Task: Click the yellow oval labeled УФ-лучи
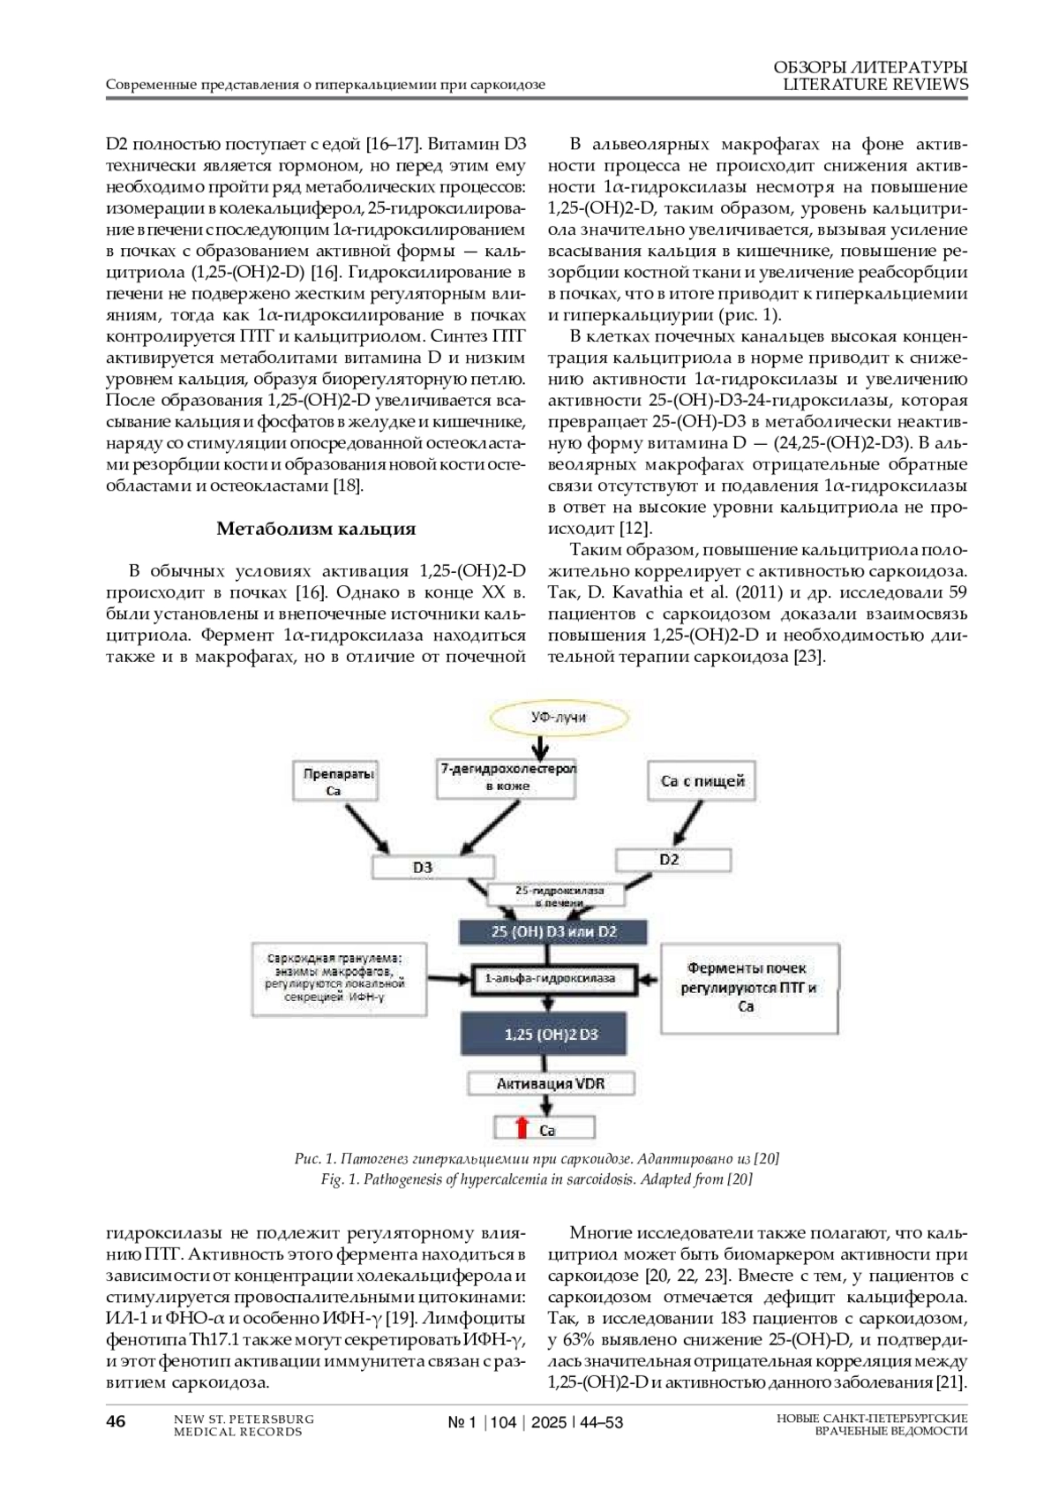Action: [x=558, y=718]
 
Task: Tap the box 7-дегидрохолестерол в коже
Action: [x=507, y=777]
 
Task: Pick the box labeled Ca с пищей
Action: [x=702, y=781]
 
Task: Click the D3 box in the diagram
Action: [x=423, y=868]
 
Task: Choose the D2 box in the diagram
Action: [x=669, y=859]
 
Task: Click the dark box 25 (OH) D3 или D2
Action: [x=553, y=932]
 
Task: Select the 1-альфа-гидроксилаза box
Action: [x=551, y=978]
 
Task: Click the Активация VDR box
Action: [x=551, y=1083]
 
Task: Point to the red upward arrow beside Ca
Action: [x=522, y=1128]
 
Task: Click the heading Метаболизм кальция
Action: [x=316, y=529]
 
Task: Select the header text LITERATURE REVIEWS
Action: [x=875, y=85]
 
